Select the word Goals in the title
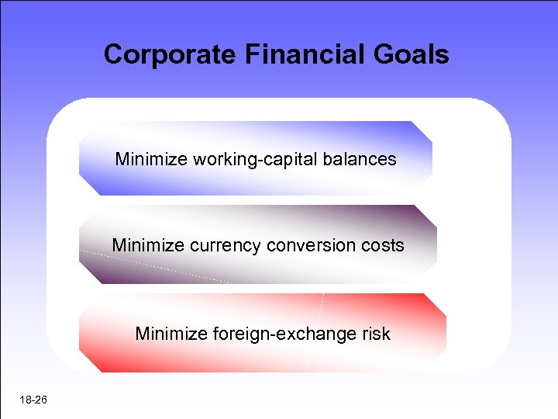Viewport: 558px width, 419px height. pos(415,54)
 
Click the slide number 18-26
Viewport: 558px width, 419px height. pos(35,400)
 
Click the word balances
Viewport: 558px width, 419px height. pos(360,160)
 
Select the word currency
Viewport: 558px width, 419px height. pos(225,246)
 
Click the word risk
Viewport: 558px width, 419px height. pos(375,334)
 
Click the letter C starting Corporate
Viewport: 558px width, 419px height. pos(113,54)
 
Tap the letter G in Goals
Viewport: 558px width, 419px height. pos(392,54)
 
